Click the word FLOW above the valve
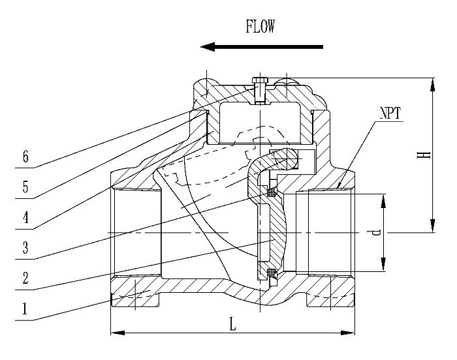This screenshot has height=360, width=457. tap(260, 27)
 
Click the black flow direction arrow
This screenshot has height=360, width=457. tap(262, 46)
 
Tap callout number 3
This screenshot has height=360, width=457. tap(25, 248)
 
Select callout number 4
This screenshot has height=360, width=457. tap(25, 218)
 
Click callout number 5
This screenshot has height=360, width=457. tap(25, 188)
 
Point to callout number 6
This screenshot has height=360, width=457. tap(25, 157)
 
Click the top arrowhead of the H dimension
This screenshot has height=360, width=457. tap(431, 81)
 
